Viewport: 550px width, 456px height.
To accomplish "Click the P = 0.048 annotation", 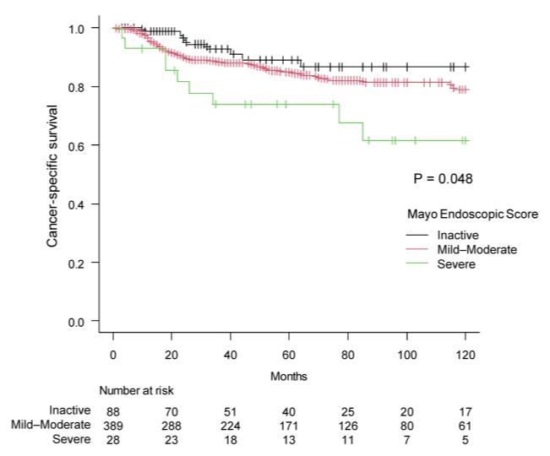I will (443, 178).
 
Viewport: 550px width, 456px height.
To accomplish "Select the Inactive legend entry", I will (456, 234).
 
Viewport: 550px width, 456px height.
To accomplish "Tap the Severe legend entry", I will (456, 264).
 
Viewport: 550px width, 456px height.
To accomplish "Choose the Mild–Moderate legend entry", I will (476, 249).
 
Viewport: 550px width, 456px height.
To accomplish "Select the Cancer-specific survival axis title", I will (52, 176).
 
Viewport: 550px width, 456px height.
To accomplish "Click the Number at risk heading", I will (137, 392).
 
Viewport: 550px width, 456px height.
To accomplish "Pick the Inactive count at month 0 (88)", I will (113, 411).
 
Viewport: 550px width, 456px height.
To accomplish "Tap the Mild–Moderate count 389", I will (113, 426).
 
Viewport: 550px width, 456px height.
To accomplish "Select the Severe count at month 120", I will (466, 440).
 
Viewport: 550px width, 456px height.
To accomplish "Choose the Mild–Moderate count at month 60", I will (289, 426).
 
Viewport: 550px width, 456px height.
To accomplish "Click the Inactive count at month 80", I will (348, 411).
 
